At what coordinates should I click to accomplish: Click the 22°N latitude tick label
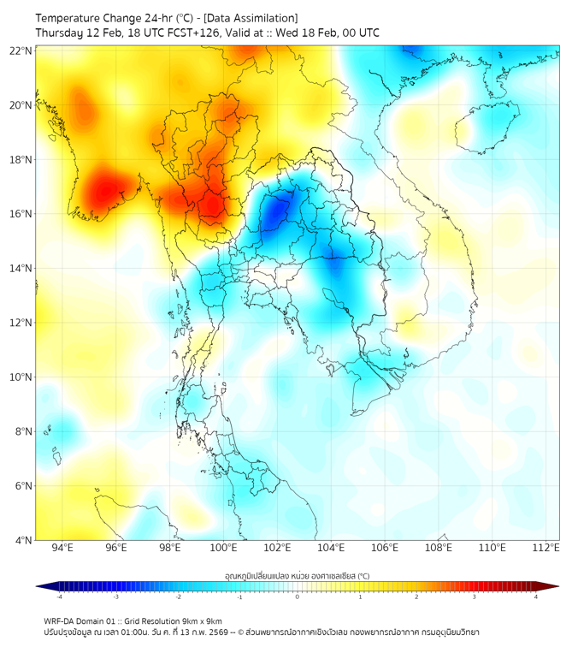21,50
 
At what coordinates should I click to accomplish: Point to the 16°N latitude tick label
21,214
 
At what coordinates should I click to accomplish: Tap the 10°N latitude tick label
21,377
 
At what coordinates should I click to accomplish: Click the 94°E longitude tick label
62,548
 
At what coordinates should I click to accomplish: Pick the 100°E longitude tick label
223,548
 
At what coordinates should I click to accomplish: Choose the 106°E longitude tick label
385,548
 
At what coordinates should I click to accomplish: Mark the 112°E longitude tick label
546,548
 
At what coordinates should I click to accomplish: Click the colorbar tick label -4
58,597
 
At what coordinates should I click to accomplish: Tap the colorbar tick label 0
298,597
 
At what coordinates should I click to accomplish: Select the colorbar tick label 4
536,597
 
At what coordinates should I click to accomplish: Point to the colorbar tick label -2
178,597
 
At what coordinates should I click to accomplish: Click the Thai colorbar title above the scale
297,575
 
